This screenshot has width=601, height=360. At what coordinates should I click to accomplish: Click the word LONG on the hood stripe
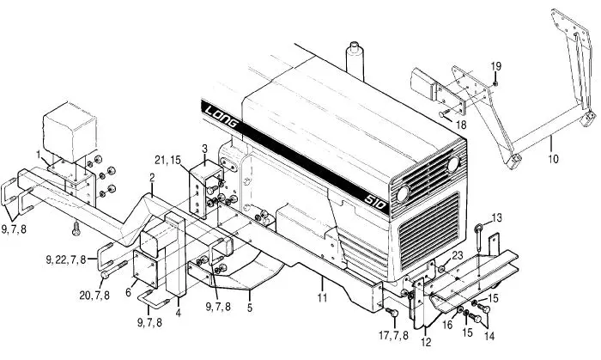(222, 118)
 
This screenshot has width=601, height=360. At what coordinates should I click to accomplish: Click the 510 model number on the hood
(375, 202)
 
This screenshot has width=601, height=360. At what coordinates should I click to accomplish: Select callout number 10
(553, 158)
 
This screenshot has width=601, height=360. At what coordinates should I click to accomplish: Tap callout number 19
(496, 66)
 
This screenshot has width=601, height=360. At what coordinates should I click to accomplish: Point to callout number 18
(461, 125)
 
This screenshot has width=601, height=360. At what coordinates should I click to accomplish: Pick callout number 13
(497, 217)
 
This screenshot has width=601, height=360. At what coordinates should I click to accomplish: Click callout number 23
(458, 255)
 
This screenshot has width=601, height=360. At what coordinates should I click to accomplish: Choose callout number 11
(322, 297)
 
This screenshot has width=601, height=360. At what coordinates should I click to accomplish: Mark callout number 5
(250, 308)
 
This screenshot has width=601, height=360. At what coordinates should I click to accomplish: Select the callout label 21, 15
(168, 160)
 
